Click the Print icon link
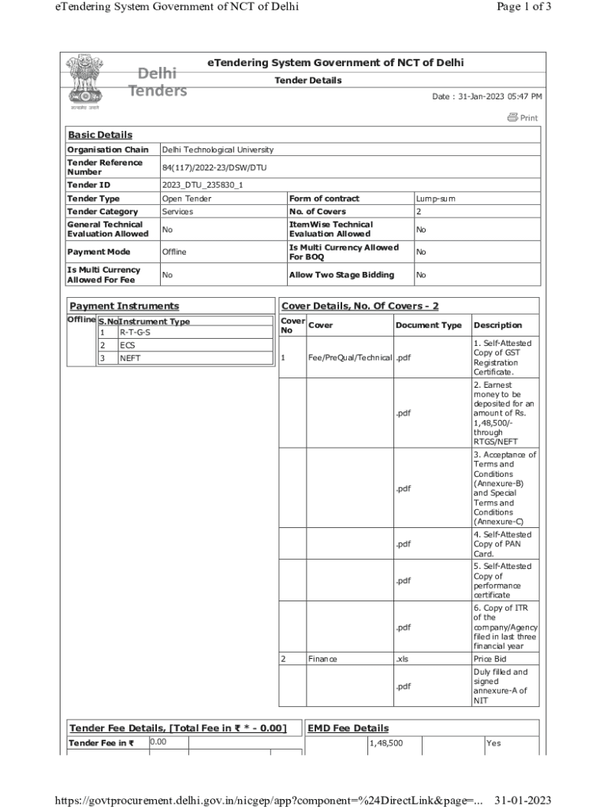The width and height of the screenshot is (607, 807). point(523,117)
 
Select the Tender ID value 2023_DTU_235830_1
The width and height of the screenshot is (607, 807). point(203,185)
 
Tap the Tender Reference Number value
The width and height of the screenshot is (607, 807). point(204,167)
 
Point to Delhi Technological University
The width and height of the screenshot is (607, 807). point(218,150)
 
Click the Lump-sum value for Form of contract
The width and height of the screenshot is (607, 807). point(436,199)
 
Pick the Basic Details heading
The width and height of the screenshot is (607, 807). point(100,135)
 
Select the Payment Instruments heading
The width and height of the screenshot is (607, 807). point(124,306)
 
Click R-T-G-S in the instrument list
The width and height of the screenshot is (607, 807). point(135,333)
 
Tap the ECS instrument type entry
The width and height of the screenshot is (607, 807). point(128,345)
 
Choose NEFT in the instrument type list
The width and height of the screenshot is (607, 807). point(131,358)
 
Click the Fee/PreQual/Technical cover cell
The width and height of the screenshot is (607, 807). point(349,358)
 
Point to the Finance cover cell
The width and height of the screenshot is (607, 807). point(322,659)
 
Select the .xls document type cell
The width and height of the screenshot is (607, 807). point(403,659)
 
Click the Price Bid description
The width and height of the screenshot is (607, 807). point(490,659)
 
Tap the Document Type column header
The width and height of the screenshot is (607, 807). point(428,325)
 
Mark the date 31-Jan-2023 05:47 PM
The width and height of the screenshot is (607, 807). point(486,96)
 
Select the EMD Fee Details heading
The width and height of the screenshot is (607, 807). point(348,728)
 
